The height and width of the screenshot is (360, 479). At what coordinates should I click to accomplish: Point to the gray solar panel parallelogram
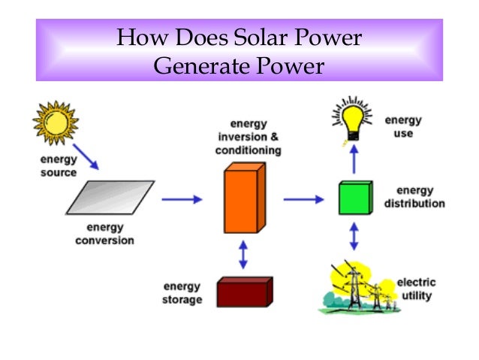click(x=110, y=198)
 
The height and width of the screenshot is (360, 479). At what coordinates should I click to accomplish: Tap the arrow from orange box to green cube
click(x=303, y=199)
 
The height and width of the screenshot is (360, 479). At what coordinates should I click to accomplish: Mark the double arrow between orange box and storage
click(x=242, y=255)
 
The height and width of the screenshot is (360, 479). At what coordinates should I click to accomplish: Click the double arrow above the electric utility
click(x=354, y=237)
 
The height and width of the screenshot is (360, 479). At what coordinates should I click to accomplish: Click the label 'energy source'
click(x=59, y=167)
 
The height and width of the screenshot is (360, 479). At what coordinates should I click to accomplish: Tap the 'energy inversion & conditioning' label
click(x=249, y=137)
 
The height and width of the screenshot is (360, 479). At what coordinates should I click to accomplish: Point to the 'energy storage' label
click(x=182, y=293)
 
